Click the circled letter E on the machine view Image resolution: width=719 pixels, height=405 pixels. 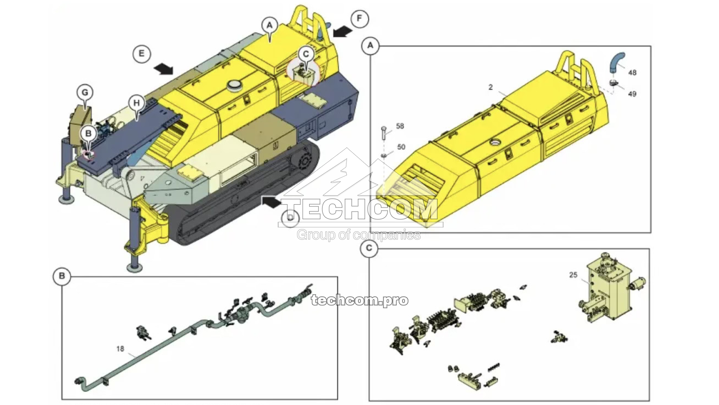pyautogui.click(x=142, y=54)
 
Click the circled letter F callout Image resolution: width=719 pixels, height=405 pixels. pyautogui.click(x=359, y=18)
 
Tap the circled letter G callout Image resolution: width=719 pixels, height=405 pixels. pyautogui.click(x=84, y=93)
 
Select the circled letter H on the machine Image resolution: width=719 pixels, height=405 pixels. pyautogui.click(x=137, y=103)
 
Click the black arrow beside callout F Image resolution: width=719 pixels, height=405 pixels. pyautogui.click(x=342, y=31)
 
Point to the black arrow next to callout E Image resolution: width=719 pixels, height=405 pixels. pyautogui.click(x=163, y=68)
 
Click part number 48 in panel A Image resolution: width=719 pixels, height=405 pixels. pyautogui.click(x=632, y=72)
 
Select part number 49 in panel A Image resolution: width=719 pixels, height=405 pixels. pyautogui.click(x=632, y=94)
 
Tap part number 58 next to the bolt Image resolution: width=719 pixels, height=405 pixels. pyautogui.click(x=399, y=126)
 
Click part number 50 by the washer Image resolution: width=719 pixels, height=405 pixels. pyautogui.click(x=401, y=147)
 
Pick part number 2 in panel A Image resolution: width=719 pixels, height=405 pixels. pyautogui.click(x=491, y=87)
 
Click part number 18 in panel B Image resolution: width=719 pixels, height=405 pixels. pyautogui.click(x=120, y=349)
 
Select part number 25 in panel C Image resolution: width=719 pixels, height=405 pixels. pyautogui.click(x=573, y=275)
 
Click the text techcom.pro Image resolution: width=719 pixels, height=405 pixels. pyautogui.click(x=359, y=300)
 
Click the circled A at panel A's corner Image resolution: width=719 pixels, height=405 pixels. pyautogui.click(x=370, y=45)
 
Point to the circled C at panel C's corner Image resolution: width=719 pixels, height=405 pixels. pyautogui.click(x=369, y=248)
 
